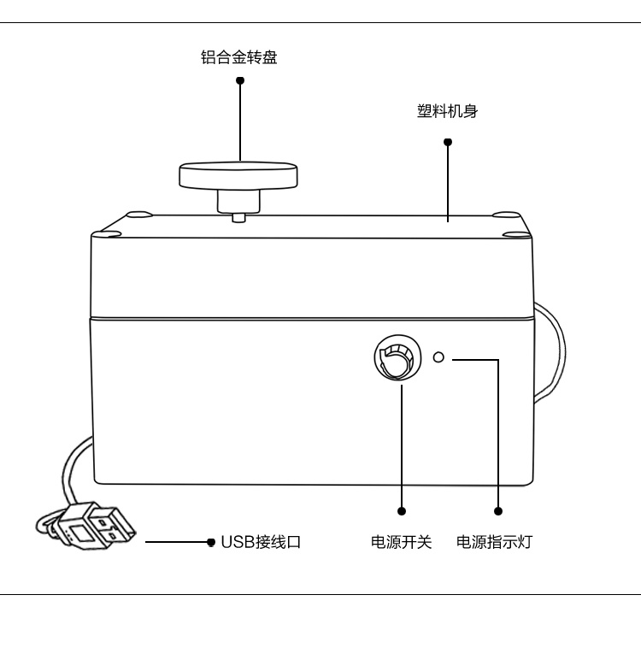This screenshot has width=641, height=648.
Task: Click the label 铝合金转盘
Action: [x=239, y=58]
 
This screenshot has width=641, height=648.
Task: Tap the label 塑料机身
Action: [x=447, y=113]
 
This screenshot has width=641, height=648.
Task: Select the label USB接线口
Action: [x=261, y=542]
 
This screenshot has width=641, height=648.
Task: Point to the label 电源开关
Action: [x=401, y=542]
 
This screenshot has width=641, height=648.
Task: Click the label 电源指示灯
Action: [x=494, y=542]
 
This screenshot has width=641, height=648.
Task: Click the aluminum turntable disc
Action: [x=239, y=174]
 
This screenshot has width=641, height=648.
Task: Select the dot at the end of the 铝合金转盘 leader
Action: [x=240, y=80]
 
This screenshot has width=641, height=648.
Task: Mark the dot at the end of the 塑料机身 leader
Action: [x=448, y=142]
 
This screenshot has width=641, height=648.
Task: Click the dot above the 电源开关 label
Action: [x=402, y=511]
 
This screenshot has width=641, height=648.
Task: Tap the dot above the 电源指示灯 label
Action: [x=498, y=511]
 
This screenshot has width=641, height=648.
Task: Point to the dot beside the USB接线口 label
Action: [x=211, y=542]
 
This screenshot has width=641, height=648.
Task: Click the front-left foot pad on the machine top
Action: [x=110, y=231]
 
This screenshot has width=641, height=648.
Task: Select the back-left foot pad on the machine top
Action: [x=137, y=214]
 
